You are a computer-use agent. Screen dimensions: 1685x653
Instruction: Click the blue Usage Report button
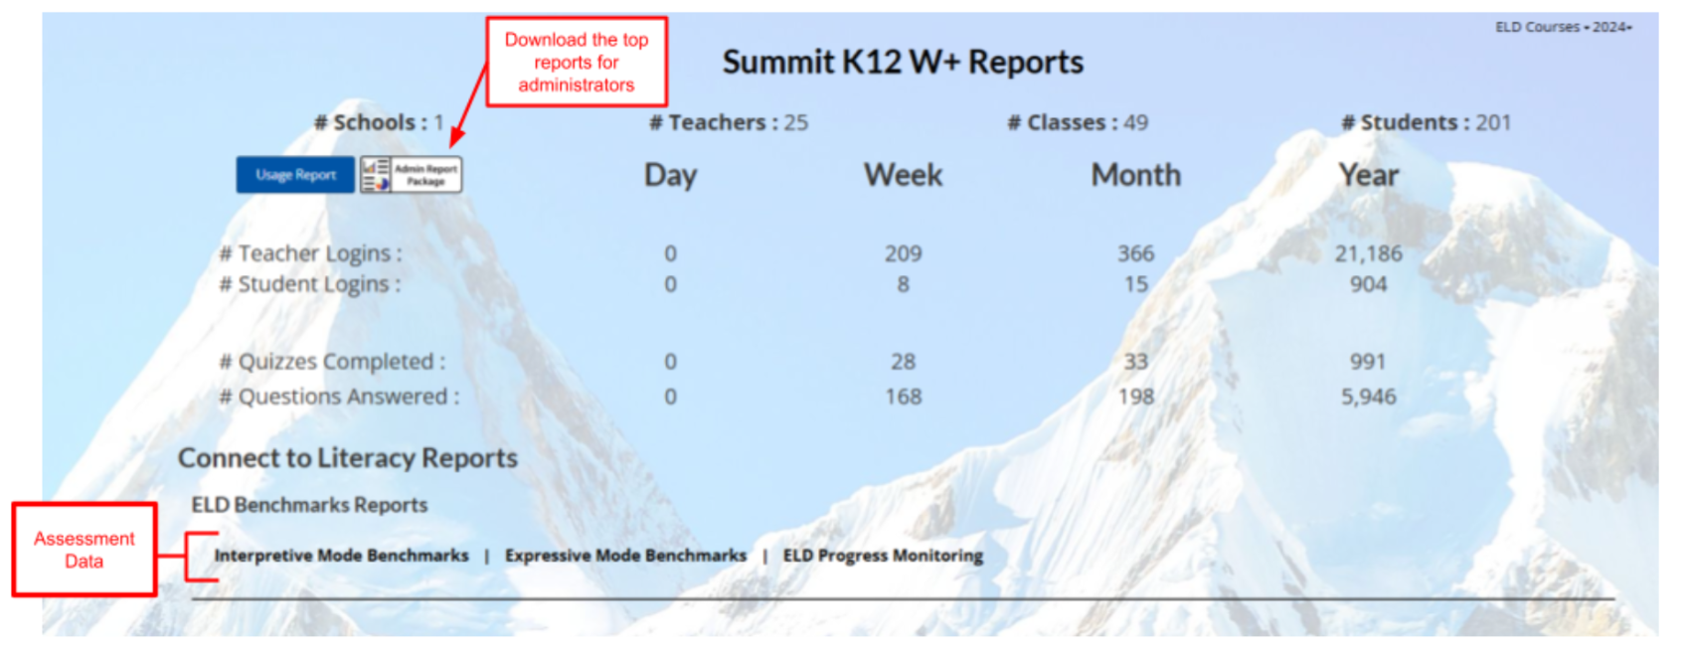pos(295,175)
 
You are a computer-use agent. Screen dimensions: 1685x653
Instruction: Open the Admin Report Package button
pos(411,175)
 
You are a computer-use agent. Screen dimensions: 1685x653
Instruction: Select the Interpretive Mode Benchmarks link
pos(342,556)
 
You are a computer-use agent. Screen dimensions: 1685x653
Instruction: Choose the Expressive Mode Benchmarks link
pos(626,556)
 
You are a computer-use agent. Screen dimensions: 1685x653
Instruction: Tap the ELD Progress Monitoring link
pos(883,556)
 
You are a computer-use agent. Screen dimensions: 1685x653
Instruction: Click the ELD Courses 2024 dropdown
pos(1563,27)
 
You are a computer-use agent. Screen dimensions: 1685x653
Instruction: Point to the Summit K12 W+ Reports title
pos(903,62)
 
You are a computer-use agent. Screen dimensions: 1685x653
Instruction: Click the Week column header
pos(903,175)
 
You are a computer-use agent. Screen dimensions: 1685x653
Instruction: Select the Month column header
pos(1136,175)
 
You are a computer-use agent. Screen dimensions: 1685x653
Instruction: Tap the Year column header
pos(1368,175)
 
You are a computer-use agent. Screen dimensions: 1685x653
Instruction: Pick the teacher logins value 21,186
pos(1368,253)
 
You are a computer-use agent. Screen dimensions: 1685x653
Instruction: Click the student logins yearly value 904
pos(1368,284)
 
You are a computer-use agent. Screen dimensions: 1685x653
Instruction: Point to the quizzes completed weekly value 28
pos(904,362)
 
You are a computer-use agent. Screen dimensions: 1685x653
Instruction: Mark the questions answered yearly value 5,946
pos(1368,397)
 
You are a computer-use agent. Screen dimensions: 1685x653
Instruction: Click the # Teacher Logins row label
pos(311,253)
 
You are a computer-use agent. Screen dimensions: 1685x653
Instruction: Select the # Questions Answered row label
pos(339,397)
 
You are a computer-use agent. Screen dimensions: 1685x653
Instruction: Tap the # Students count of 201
pos(1427,122)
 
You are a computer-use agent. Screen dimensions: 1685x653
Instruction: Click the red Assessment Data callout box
pos(84,550)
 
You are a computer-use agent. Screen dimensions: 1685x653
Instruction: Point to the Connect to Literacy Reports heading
pos(348,457)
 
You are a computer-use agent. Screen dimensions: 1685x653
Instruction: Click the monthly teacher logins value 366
pos(1136,253)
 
